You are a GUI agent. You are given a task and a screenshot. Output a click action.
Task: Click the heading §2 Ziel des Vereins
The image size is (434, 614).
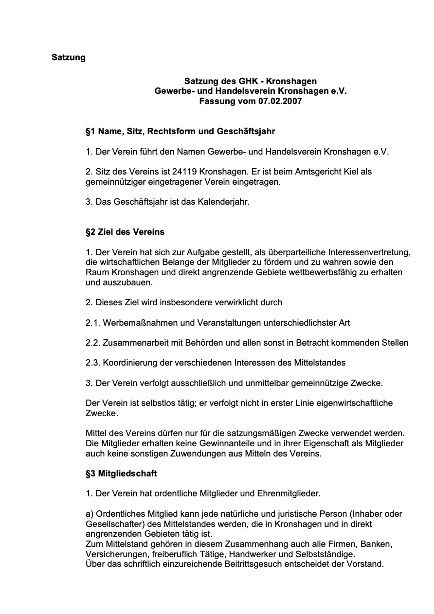(x=125, y=232)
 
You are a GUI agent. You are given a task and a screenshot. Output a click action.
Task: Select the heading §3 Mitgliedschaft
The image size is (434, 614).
(x=121, y=473)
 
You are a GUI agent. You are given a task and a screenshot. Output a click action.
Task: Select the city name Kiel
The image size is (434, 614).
(x=349, y=172)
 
